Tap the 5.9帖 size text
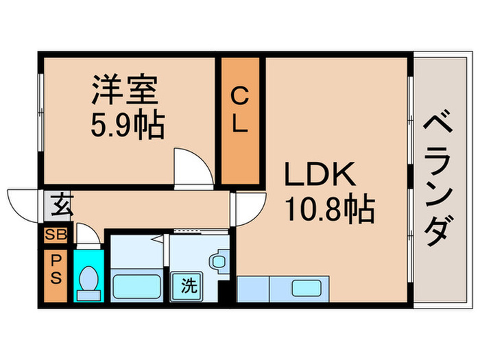point(128,125)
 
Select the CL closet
point(240,121)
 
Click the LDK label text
point(320,176)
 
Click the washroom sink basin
point(218,261)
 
